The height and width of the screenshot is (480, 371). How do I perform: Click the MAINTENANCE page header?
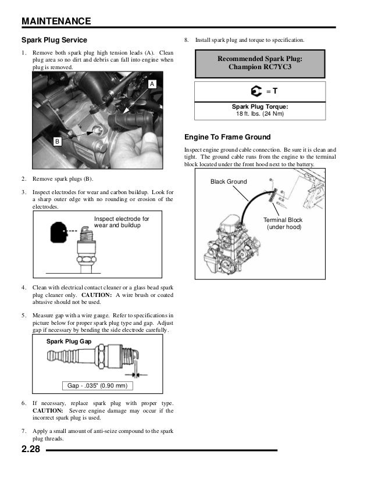pyautogui.click(x=56, y=22)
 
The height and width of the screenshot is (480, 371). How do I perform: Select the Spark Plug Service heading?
pyautogui.click(x=54, y=40)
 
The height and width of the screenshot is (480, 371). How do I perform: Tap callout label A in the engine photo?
pyautogui.click(x=152, y=85)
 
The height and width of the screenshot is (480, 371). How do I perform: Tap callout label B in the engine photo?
pyautogui.click(x=57, y=141)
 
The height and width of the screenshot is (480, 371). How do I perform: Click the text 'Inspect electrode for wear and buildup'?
pyautogui.click(x=122, y=222)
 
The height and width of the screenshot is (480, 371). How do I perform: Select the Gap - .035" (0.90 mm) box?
pyautogui.click(x=98, y=386)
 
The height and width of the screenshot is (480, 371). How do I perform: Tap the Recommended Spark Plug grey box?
pyautogui.click(x=259, y=63)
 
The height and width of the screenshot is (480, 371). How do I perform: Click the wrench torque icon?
pyautogui.click(x=255, y=92)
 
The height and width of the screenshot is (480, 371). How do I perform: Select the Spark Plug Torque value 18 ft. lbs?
pyautogui.click(x=260, y=113)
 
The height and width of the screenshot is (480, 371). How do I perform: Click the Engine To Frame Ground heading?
pyautogui.click(x=227, y=137)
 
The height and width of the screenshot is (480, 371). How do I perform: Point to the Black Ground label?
pyautogui.click(x=229, y=182)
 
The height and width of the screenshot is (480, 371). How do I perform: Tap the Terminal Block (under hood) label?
pyautogui.click(x=283, y=224)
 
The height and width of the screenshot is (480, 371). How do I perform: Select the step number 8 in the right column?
pyautogui.click(x=186, y=40)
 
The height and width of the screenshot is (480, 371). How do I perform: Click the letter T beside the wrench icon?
pyautogui.click(x=274, y=91)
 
